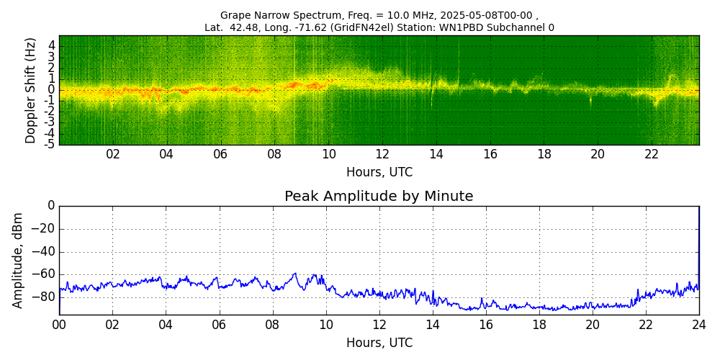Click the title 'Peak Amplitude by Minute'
pyautogui.click(x=379, y=197)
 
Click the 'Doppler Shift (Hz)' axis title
pyautogui.click(x=30, y=90)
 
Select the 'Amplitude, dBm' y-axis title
pyautogui.click(x=19, y=260)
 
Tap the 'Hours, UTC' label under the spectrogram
pyautogui.click(x=379, y=173)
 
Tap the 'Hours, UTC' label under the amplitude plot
pyautogui.click(x=379, y=343)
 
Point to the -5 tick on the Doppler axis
pyautogui.click(x=50, y=144)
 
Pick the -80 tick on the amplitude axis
pyautogui.click(x=45, y=296)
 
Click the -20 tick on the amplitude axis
pyautogui.click(x=45, y=229)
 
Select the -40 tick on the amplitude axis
pyautogui.click(x=45, y=251)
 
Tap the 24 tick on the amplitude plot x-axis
pyautogui.click(x=698, y=325)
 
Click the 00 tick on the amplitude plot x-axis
pyautogui.click(x=59, y=325)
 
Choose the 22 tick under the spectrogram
pyautogui.click(x=652, y=155)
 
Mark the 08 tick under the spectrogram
pyautogui.click(x=274, y=155)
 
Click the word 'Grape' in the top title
pyautogui.click(x=235, y=15)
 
